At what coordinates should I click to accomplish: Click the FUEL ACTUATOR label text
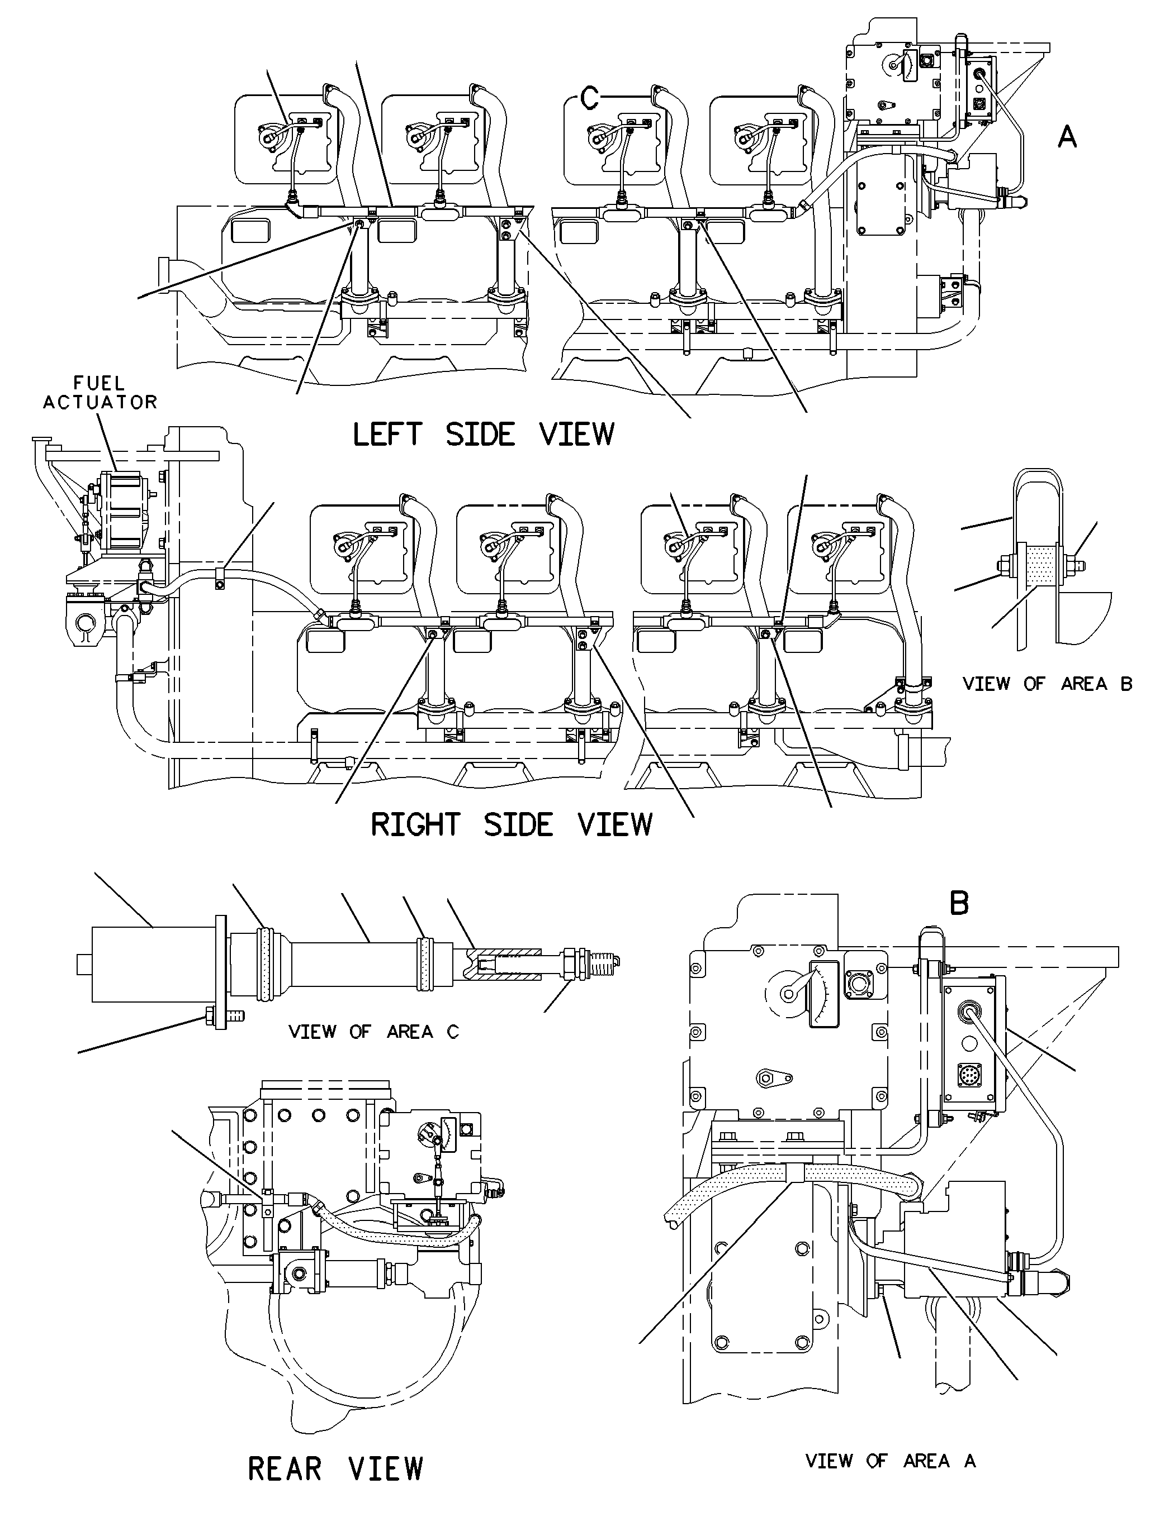pos(100,393)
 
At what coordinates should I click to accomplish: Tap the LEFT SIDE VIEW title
pos(484,435)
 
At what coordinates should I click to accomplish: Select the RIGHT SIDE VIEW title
pos(512,824)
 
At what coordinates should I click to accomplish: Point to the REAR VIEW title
pos(336,1469)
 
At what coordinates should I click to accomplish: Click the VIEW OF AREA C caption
pos(374,1032)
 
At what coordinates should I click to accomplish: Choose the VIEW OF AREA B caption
pos(1048,684)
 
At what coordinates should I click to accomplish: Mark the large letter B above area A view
pos(959,903)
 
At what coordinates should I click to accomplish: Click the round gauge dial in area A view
pos(788,993)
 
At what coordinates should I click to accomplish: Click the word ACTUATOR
pos(100,402)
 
